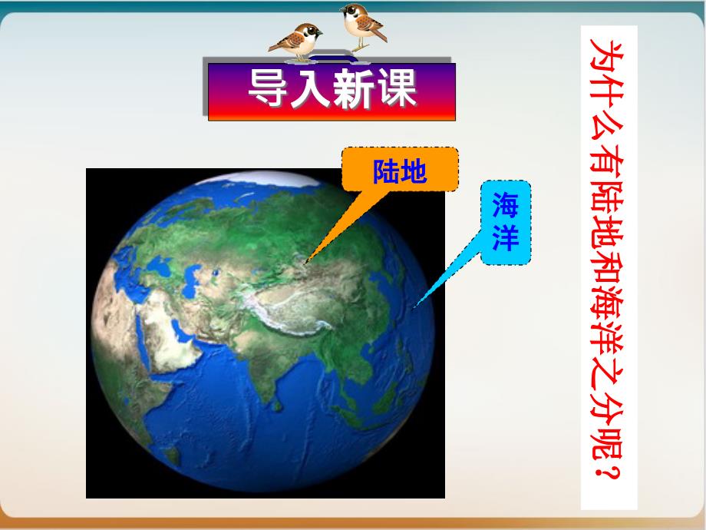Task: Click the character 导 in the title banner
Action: click(269, 88)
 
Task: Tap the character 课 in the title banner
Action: click(395, 88)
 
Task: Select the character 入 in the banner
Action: click(311, 88)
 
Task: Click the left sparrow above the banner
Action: click(295, 41)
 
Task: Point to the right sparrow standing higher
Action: click(362, 25)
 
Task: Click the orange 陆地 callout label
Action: click(400, 170)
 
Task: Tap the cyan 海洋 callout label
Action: click(506, 222)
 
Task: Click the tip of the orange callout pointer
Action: click(305, 262)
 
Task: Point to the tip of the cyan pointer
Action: click(414, 307)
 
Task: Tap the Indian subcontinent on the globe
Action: click(266, 365)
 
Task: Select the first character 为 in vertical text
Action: click(609, 58)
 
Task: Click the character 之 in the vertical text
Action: click(609, 362)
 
